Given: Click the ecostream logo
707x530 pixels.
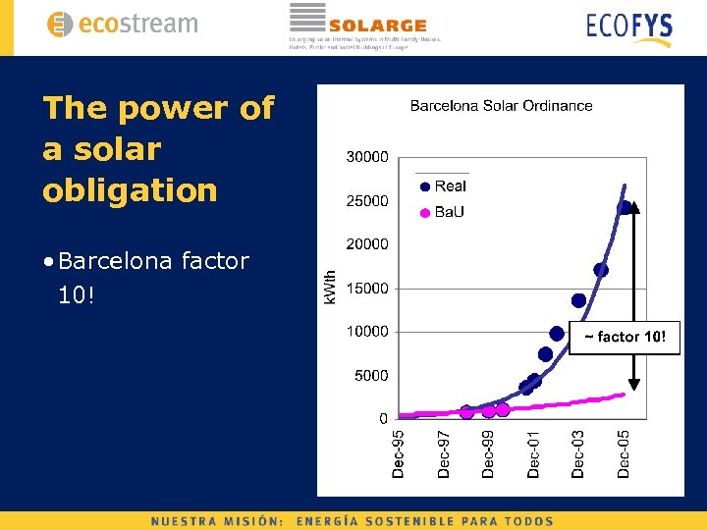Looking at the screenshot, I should coord(122,25).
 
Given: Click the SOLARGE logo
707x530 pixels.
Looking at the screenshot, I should coord(363,25).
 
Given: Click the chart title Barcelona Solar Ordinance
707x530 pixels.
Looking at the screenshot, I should coord(501,105).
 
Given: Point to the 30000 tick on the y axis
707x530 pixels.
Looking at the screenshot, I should coord(367,157).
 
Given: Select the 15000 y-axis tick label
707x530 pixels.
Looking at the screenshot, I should coord(367,289).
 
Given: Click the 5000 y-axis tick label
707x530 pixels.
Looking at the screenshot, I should coord(371,376).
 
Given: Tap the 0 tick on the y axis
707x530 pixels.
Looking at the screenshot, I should coord(383,419).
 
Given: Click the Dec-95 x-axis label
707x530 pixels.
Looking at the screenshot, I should coord(399,453).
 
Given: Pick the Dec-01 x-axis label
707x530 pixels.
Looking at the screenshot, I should coord(533,453).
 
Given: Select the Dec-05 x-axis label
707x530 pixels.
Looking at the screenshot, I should coord(624,453).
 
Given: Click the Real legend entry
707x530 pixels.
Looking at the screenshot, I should coord(443,185).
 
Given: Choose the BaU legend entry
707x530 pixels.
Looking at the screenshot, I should coord(443,212).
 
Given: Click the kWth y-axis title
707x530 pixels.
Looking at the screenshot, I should coord(331,287).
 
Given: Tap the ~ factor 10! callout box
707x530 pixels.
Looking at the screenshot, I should coord(625,337).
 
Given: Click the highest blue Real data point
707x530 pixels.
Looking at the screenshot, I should coord(624,207).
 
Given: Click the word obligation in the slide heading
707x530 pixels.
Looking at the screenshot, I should coord(130,190).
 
